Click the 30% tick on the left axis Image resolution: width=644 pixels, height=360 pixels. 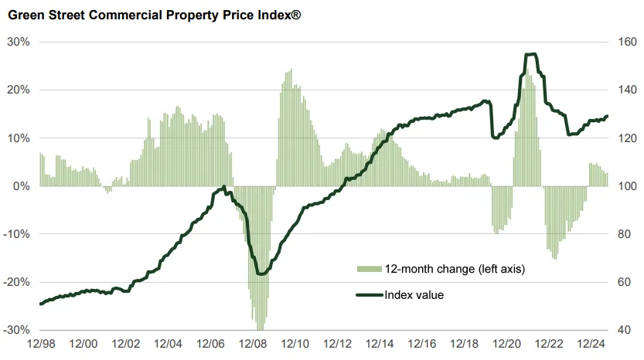(19, 42)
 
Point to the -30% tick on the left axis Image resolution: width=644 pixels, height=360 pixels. (17, 330)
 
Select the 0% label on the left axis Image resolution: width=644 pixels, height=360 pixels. (22, 186)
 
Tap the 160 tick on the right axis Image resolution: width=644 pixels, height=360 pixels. (626, 42)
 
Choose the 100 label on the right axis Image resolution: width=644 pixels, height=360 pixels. (626, 186)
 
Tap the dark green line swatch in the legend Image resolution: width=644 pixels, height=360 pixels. (369, 294)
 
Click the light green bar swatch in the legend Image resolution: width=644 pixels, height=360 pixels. (369, 269)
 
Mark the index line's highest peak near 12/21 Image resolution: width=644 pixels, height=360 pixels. (530, 54)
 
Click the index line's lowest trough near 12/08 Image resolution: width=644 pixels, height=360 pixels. (261, 273)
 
